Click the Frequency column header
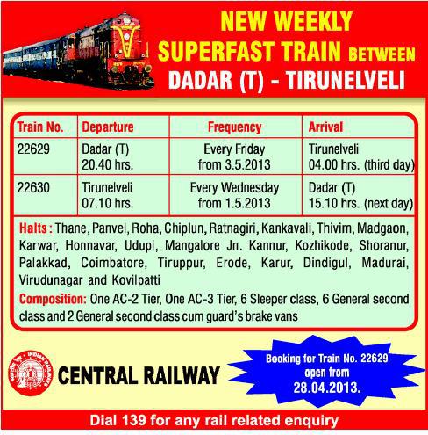pos(235,126)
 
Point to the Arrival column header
pos(328,126)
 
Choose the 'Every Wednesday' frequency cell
pos(235,188)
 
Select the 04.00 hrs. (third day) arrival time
pos(360,163)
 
